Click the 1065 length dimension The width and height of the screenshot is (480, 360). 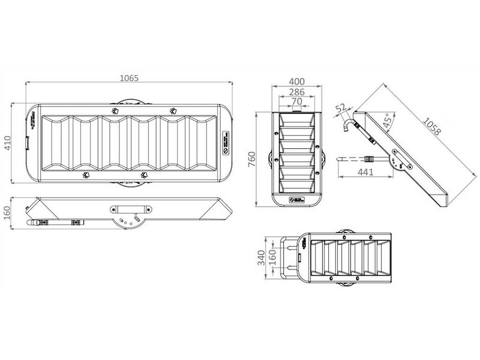click(x=129, y=78)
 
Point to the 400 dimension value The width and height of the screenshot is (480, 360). click(x=296, y=82)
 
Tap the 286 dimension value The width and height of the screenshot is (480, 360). click(x=296, y=92)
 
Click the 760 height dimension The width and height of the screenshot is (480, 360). click(x=252, y=158)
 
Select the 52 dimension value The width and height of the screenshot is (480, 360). click(x=340, y=108)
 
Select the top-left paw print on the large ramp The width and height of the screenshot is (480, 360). click(x=115, y=110)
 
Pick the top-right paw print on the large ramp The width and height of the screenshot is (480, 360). click(x=173, y=110)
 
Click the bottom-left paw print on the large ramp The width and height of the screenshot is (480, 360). click(x=87, y=175)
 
